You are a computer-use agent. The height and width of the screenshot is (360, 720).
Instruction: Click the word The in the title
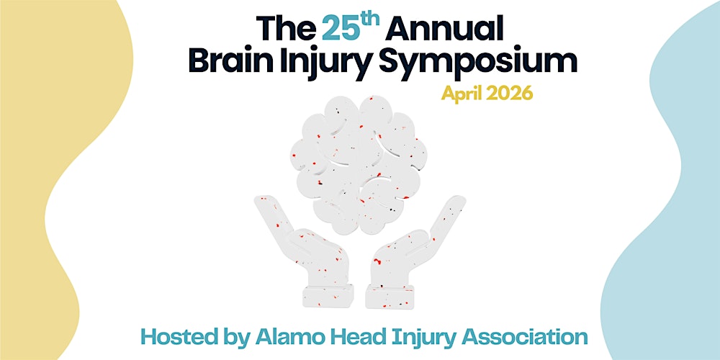(x=287, y=29)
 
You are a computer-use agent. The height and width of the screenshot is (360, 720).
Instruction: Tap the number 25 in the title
(x=341, y=29)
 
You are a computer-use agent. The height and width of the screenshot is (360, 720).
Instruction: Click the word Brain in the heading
(x=230, y=62)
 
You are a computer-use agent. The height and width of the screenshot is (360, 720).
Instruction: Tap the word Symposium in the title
(x=478, y=63)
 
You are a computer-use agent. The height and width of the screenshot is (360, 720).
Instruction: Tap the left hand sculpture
(x=302, y=245)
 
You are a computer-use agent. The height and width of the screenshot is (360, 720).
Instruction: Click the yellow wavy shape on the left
(x=50, y=180)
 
